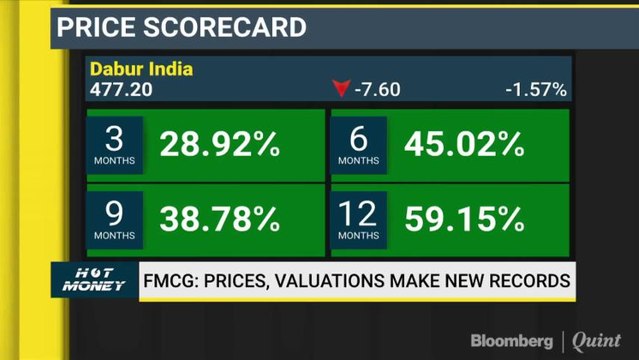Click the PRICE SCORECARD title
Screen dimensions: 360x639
click(181, 26)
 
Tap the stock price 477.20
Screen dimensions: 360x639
click(117, 89)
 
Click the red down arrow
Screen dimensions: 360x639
click(340, 89)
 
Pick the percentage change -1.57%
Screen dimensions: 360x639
click(536, 89)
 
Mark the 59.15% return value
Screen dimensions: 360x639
click(464, 217)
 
